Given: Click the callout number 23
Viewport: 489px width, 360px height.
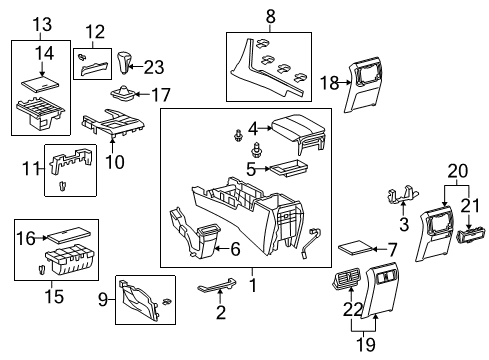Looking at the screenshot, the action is tap(154, 67).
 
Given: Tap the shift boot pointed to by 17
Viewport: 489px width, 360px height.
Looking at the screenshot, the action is tap(122, 93).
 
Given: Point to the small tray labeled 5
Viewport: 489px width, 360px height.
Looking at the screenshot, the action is tap(289, 168).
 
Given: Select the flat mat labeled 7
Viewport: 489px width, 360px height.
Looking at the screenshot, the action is tap(355, 248).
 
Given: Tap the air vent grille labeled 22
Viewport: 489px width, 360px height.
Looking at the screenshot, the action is tap(346, 277).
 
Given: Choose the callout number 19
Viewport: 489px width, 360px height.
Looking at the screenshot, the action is tap(366, 344).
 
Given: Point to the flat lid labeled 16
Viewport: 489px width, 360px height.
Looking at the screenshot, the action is tap(69, 234).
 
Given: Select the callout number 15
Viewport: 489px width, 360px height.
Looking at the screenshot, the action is tap(54, 296).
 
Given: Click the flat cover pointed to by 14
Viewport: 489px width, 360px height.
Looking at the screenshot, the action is tap(41, 84).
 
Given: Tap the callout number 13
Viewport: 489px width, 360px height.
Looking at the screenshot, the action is tap(42, 24).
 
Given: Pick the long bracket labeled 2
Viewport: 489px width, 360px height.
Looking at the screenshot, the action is tap(217, 286).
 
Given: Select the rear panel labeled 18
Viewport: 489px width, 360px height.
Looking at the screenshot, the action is tap(363, 85).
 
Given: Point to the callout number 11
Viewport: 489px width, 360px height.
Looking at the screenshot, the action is tap(31, 168).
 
